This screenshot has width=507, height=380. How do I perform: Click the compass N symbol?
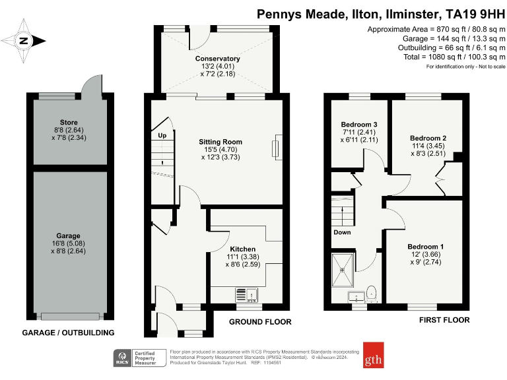coord(24,40)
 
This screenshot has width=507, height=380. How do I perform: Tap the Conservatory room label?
coord(217,59)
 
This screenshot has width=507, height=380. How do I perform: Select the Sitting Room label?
coord(220,142)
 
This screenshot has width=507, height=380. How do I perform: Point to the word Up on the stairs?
coord(162,135)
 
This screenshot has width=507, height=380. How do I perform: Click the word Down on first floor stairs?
coord(342,232)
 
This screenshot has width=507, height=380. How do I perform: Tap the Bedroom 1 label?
coord(425,247)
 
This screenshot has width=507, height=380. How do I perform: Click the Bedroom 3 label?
coord(359,125)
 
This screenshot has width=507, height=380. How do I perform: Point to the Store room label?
coord(69,122)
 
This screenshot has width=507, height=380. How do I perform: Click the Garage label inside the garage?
coord(69,236)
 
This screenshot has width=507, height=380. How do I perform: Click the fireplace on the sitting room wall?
coord(278,146)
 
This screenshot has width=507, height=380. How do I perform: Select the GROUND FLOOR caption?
coord(260,322)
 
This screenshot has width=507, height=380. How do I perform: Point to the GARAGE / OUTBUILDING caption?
coord(69,332)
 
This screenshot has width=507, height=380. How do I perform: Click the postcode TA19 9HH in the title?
coord(473,13)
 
